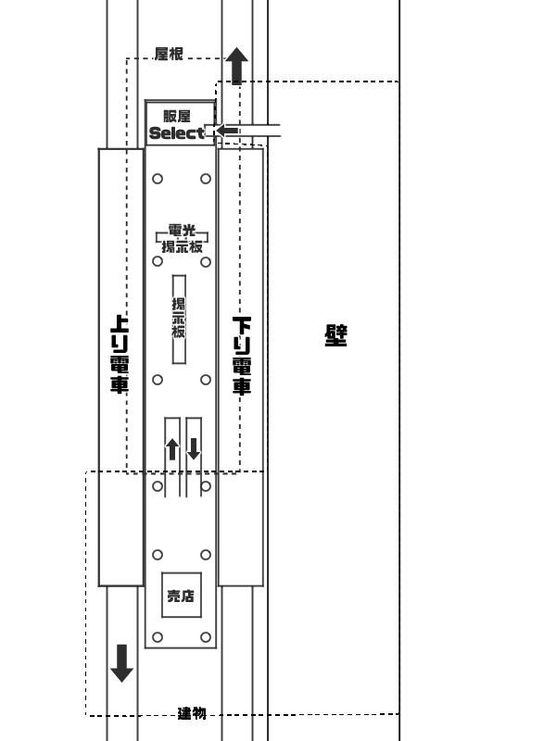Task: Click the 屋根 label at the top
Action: pyautogui.click(x=169, y=54)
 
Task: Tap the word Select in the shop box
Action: pyautogui.click(x=177, y=133)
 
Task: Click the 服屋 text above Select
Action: pyautogui.click(x=177, y=117)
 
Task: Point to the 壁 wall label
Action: pyautogui.click(x=336, y=335)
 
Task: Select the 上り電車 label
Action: pyautogui.click(x=120, y=354)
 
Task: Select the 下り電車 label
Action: pyautogui.click(x=242, y=356)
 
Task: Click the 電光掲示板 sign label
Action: pyautogui.click(x=182, y=239)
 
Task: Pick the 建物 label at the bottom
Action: pyautogui.click(x=192, y=713)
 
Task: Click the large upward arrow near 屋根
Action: pyautogui.click(x=237, y=66)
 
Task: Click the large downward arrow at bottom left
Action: pyautogui.click(x=122, y=663)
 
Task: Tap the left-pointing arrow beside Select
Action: pyautogui.click(x=227, y=131)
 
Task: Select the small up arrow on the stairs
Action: pyautogui.click(x=172, y=449)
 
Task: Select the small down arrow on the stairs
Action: pyautogui.click(x=194, y=448)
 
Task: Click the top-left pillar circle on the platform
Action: pyautogui.click(x=158, y=179)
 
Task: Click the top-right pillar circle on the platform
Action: pyautogui.click(x=206, y=179)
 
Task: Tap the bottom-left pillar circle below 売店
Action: pyautogui.click(x=158, y=637)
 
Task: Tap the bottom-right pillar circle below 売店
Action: pyautogui.click(x=206, y=637)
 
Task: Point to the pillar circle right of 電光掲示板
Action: pyautogui.click(x=206, y=261)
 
